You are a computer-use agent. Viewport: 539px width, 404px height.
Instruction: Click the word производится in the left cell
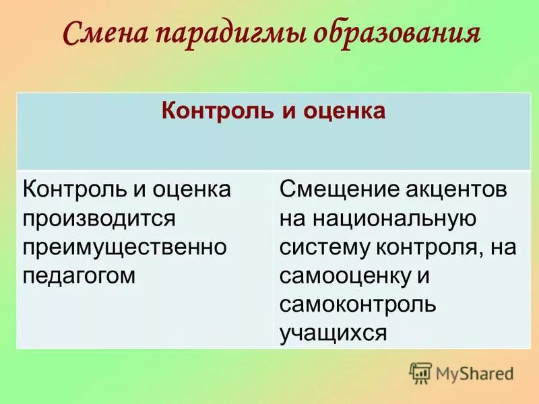click(100, 218)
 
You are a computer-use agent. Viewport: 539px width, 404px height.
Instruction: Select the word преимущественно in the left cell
click(124, 246)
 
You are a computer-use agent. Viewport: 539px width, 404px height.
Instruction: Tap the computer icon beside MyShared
click(420, 372)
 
